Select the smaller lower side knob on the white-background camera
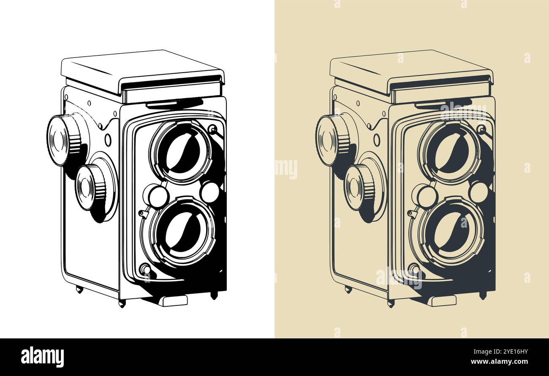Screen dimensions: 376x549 pyautogui.click(x=90, y=187)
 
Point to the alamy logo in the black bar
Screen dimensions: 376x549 pyautogui.click(x=42, y=357)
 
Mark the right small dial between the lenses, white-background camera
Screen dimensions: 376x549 pyautogui.click(x=209, y=192)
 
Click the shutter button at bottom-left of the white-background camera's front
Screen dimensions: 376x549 pyautogui.click(x=145, y=269)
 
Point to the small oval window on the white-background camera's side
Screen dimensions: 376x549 pyautogui.click(x=108, y=140)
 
